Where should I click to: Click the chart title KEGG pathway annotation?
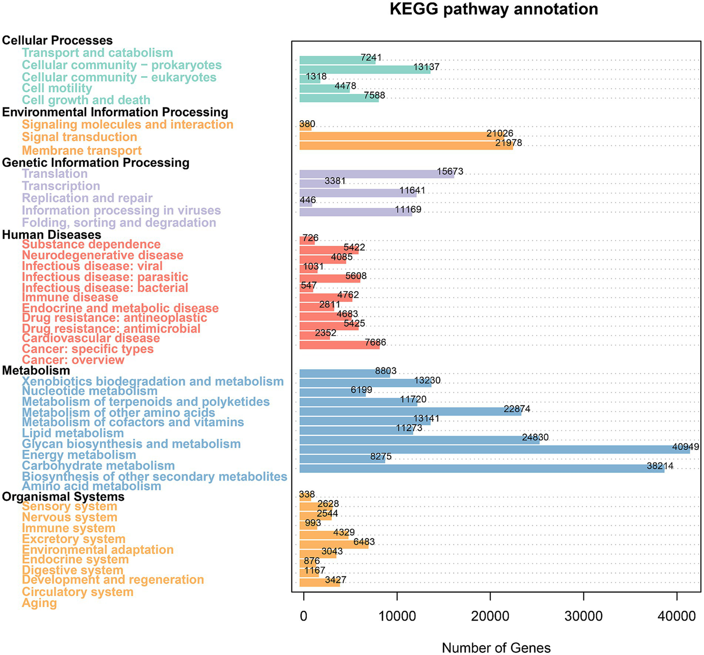pos(493,9)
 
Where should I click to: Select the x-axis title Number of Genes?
pos(496,647)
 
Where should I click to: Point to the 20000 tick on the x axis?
pos(490,616)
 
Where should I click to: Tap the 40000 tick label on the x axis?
pos(676,616)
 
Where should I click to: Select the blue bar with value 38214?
pos(482,468)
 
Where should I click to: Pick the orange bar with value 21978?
pos(406,145)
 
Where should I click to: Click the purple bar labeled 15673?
pos(377,174)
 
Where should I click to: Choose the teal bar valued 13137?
pos(365,70)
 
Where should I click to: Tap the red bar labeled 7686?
pos(339,345)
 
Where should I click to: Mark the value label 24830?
pos(535,438)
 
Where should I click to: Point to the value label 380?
pos(307,124)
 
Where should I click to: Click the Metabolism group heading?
pos(36,370)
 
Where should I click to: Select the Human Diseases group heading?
pos(51,234)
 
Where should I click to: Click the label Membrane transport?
pos(82,150)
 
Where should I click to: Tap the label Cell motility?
pos(57,88)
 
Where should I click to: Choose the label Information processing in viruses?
pos(121,211)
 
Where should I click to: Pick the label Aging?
pos(39,603)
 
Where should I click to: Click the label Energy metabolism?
pos(79,455)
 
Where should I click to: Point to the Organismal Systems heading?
pos(63,497)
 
